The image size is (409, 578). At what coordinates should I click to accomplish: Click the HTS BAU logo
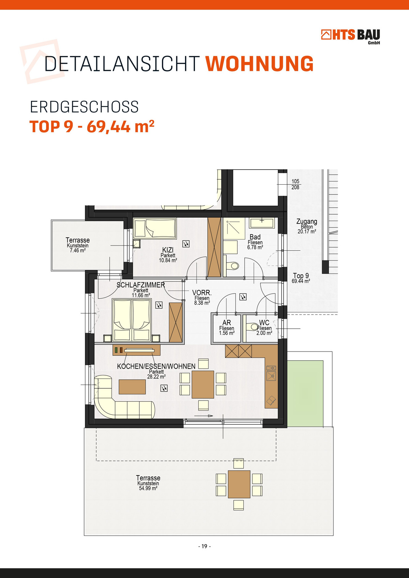pos(350,36)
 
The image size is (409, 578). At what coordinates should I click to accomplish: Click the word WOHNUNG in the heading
pos(259,63)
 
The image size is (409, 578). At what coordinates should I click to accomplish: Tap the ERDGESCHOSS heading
pos(84,107)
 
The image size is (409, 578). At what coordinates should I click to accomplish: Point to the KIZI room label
pos(168,250)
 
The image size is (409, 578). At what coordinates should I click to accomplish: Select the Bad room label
pos(255,237)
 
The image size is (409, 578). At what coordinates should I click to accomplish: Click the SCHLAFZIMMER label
pos(141,285)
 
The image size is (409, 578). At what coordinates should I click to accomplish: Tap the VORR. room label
pos(202,293)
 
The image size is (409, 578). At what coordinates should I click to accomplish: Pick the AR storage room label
pos(227,323)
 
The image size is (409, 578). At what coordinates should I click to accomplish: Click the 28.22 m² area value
pos(156,376)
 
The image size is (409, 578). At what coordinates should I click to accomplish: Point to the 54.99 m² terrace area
pos(148,488)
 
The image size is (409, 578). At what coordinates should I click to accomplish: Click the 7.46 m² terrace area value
pos(77,250)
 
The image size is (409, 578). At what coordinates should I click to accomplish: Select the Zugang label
pos(307,221)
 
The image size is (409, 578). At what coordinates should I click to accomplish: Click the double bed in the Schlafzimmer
pos(132,320)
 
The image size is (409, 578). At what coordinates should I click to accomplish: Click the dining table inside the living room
pos(203,384)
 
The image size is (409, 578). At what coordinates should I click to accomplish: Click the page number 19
pos(204,546)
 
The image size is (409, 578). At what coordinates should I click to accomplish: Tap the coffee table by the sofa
pos(132,387)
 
